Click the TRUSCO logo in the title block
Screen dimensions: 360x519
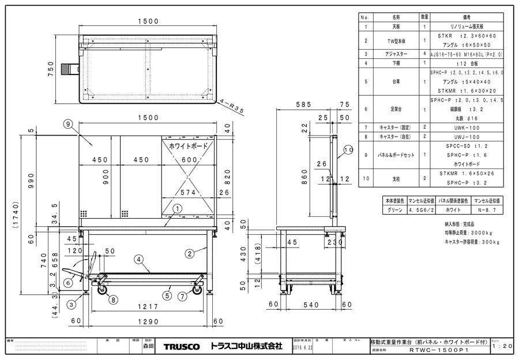pos(182,347)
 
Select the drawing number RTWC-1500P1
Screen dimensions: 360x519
pos(438,350)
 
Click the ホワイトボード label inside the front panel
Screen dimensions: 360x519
pos(188,148)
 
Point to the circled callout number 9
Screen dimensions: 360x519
pos(67,123)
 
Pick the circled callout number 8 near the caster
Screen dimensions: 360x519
pos(113,299)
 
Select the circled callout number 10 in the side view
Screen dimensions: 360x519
pos(347,151)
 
